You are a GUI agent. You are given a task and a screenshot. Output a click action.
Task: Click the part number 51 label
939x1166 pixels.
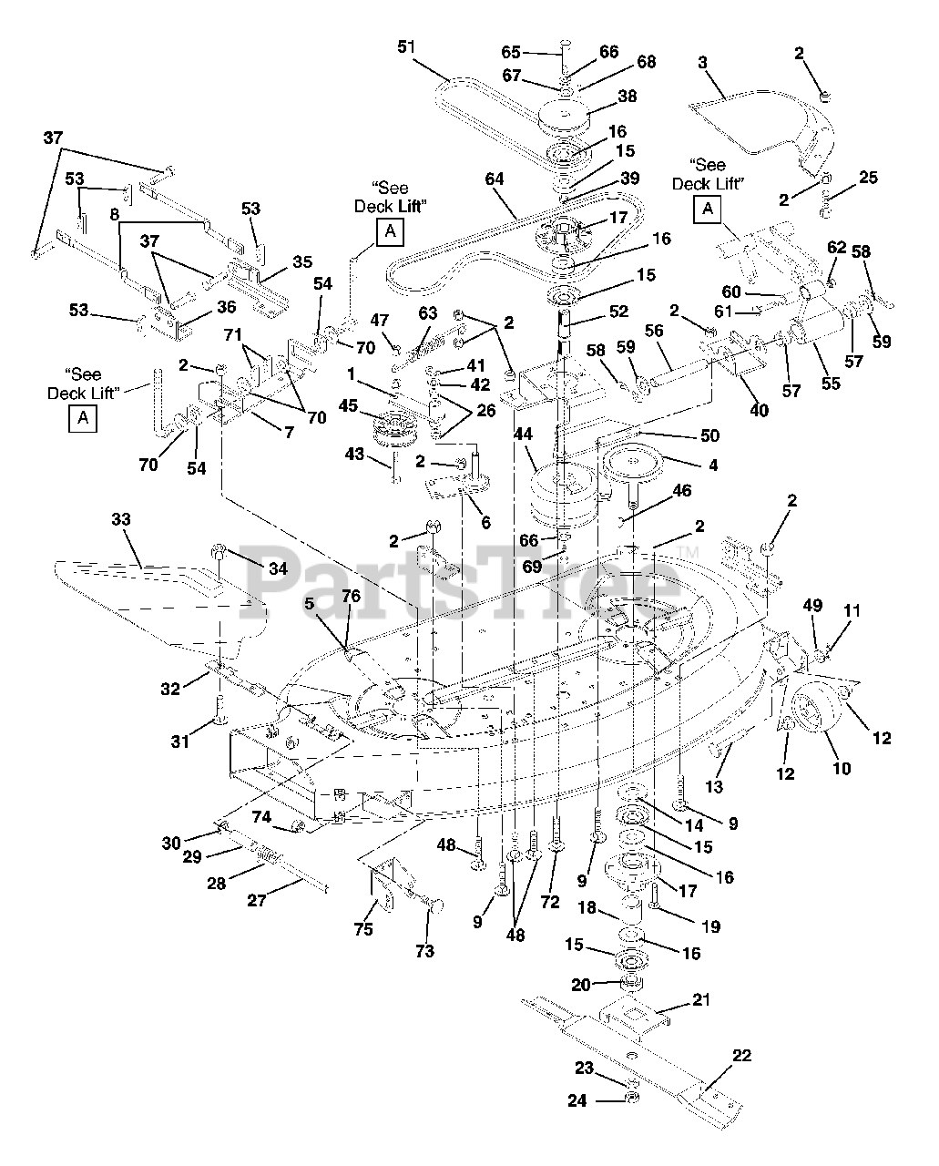pyautogui.click(x=406, y=47)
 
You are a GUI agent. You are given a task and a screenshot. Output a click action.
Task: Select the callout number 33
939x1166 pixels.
pyautogui.click(x=121, y=519)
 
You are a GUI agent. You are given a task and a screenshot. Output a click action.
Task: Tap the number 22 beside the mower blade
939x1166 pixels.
pyautogui.click(x=741, y=1055)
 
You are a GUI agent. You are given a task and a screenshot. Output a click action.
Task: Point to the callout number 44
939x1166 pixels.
pyautogui.click(x=523, y=434)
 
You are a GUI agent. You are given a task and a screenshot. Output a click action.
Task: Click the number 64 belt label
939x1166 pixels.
pyautogui.click(x=495, y=179)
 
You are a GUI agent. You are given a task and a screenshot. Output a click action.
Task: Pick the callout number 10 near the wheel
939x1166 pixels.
pyautogui.click(x=842, y=768)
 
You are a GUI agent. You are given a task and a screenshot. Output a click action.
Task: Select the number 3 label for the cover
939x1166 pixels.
pyautogui.click(x=703, y=62)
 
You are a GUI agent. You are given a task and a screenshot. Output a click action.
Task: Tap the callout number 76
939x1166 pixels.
pyautogui.click(x=352, y=596)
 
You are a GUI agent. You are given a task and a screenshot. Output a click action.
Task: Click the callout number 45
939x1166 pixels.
pyautogui.click(x=348, y=405)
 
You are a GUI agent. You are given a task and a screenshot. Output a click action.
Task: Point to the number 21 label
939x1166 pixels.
pyautogui.click(x=701, y=999)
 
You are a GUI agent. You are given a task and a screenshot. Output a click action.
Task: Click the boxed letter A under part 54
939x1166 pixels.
pyautogui.click(x=390, y=232)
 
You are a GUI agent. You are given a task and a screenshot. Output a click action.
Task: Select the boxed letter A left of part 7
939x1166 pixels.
pyautogui.click(x=83, y=418)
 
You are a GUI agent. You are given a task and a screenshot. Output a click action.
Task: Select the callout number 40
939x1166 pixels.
pyautogui.click(x=759, y=410)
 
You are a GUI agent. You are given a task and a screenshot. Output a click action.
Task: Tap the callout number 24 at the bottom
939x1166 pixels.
pyautogui.click(x=577, y=1100)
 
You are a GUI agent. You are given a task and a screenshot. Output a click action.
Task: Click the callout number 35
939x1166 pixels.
pyautogui.click(x=302, y=261)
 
